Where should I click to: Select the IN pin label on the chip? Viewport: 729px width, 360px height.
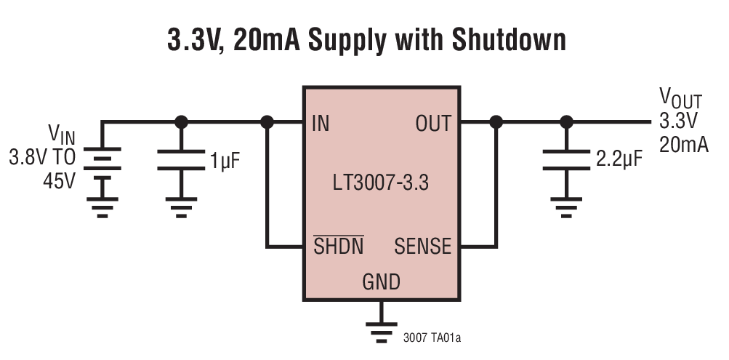320,124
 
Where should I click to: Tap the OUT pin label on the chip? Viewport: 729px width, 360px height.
433,124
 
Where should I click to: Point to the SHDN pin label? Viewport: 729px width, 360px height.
339,247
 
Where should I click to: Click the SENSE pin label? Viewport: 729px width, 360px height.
422,247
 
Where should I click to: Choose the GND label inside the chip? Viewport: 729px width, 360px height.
381,281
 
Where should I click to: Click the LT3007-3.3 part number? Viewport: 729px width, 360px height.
380,183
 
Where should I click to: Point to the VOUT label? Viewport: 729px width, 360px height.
680,97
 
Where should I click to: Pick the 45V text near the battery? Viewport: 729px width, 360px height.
59,180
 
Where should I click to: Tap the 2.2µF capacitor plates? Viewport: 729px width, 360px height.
567,160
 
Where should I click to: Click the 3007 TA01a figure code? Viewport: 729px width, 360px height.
432,338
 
